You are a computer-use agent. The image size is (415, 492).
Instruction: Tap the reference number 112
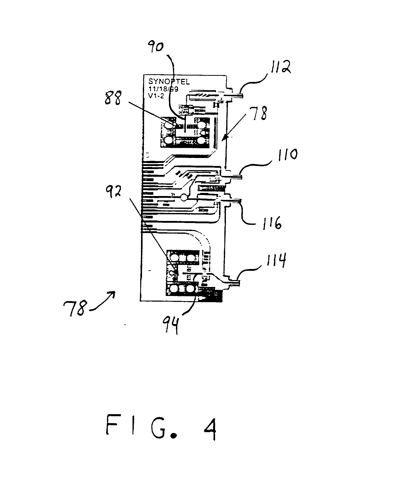279,67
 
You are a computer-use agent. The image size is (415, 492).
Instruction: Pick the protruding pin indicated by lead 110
234,177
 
